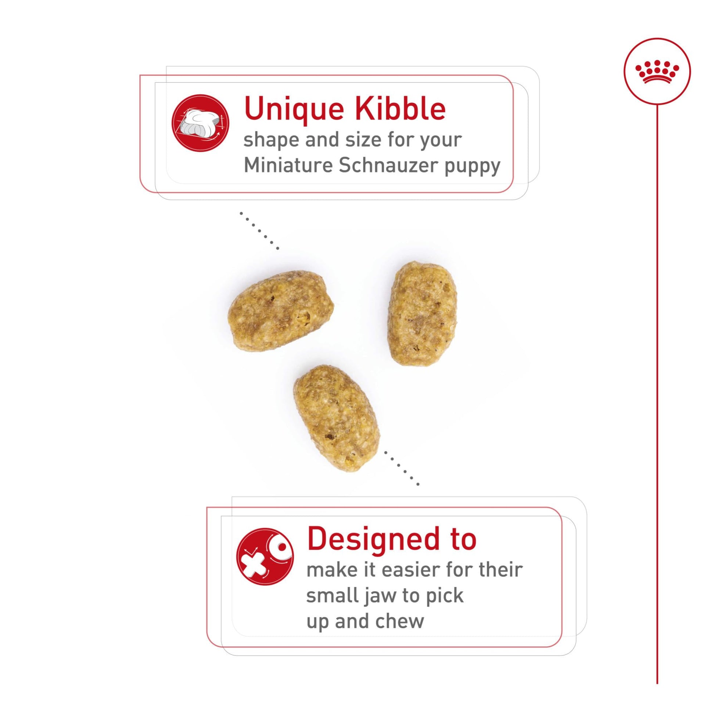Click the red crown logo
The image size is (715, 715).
click(657, 71)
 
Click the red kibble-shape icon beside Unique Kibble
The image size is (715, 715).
click(200, 123)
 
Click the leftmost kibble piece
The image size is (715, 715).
click(280, 311)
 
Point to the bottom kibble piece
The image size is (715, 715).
click(337, 418)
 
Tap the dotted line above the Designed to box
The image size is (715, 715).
click(402, 468)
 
